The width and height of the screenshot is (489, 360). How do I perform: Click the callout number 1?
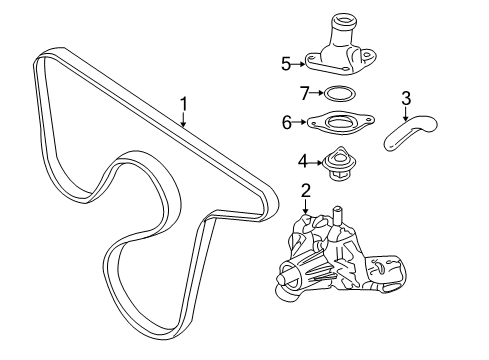(183, 103)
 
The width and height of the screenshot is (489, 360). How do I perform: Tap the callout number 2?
(306, 189)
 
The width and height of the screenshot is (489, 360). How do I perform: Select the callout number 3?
(406, 98)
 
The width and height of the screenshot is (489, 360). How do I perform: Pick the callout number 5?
(285, 65)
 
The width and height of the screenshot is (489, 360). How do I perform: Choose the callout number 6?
(286, 125)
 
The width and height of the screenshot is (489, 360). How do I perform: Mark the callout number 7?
(304, 95)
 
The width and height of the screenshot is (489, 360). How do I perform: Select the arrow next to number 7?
(315, 95)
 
